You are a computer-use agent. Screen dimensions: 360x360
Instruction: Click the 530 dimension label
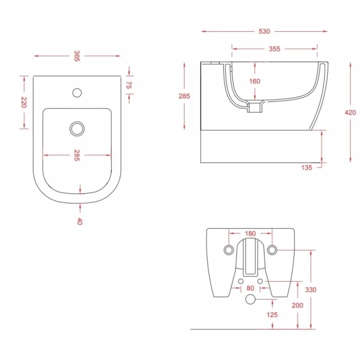pos(264,31)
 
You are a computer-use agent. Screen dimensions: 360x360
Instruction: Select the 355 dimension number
pos(274,49)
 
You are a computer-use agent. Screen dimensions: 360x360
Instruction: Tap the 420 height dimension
pos(350,112)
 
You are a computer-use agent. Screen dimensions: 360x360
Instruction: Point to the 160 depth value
pos(255,81)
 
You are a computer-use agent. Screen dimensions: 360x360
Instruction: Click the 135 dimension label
pos(307,167)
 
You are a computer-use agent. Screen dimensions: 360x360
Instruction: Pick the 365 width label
pos(77,56)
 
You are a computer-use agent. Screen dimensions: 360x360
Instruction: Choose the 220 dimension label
pos(24,103)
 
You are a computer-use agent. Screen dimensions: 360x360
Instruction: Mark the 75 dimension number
pos(129,85)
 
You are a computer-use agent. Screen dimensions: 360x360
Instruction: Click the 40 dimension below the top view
pos(79,221)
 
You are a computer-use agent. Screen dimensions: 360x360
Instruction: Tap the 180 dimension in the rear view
pos(250,233)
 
